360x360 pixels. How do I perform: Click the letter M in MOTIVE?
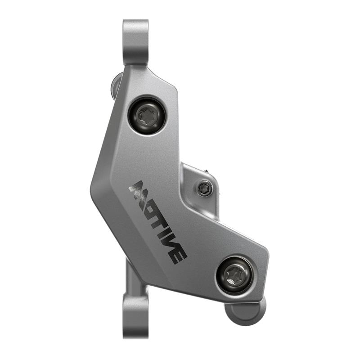(x=139, y=191)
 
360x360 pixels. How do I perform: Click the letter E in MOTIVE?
(x=177, y=256)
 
